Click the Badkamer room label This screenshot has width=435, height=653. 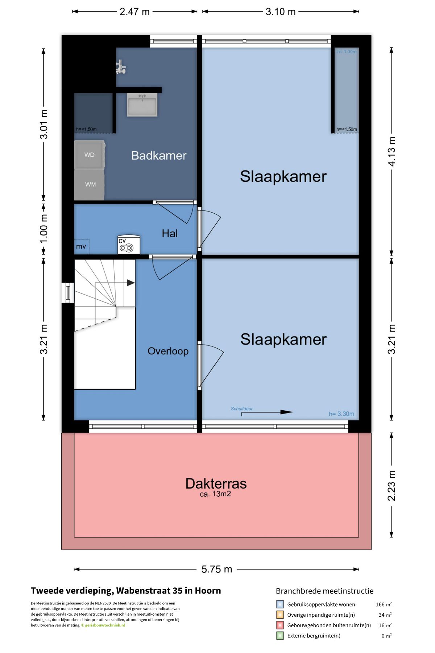[x=159, y=156]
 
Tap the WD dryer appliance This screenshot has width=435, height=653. [x=90, y=155]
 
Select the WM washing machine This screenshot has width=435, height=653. [x=90, y=185]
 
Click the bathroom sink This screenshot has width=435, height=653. [x=142, y=105]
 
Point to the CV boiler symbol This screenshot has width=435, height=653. [x=129, y=245]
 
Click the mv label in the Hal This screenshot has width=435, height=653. [x=81, y=247]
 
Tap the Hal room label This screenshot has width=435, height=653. [x=170, y=233]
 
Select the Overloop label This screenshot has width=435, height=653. [x=168, y=351]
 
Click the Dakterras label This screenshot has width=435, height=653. [x=216, y=484]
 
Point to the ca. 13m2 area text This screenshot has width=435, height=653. [x=215, y=494]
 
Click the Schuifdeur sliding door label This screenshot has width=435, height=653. [x=242, y=408]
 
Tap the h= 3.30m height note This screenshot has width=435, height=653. [x=341, y=414]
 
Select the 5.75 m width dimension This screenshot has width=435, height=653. [x=217, y=569]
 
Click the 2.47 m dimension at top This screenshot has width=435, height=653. [x=135, y=12]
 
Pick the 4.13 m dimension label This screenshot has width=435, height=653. [x=392, y=151]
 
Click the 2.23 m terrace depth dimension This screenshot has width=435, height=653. [x=392, y=486]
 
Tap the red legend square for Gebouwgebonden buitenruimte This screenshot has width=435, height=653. [x=280, y=625]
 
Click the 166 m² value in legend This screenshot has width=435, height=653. [x=384, y=604]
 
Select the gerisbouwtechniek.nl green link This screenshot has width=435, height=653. [x=105, y=625]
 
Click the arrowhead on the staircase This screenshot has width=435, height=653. [x=131, y=283]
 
